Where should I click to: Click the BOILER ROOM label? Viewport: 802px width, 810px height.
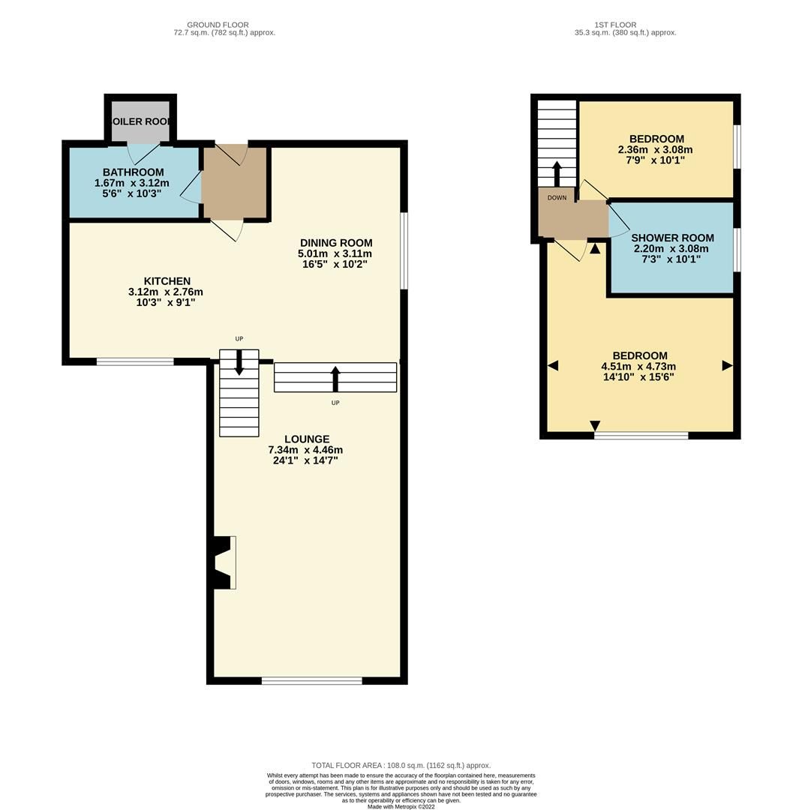click(x=140, y=121)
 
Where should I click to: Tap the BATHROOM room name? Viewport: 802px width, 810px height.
click(x=133, y=172)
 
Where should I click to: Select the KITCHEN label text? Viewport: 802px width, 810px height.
click(x=167, y=281)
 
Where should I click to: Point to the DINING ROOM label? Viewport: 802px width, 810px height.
click(x=335, y=243)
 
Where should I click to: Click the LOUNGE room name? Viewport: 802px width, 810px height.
click(x=306, y=439)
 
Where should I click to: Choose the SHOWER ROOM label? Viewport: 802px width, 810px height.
click(x=671, y=238)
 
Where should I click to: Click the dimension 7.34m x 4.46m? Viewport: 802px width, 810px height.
click(x=305, y=450)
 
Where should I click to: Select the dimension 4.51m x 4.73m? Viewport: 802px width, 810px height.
click(x=639, y=367)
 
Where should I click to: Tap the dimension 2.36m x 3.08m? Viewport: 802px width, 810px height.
click(x=656, y=150)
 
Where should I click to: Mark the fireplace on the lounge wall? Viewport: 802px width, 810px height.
click(x=224, y=562)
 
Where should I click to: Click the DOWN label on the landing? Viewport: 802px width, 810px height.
click(x=557, y=198)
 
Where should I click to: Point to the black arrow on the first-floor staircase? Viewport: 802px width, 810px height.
click(x=557, y=172)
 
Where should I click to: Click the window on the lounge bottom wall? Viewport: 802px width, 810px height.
click(x=311, y=681)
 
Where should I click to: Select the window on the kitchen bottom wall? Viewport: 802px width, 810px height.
click(x=135, y=361)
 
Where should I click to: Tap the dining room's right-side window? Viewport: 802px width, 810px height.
click(x=404, y=250)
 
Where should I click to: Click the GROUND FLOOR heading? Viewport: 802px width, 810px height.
click(x=218, y=25)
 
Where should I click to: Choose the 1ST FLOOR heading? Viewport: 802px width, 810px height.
click(x=615, y=25)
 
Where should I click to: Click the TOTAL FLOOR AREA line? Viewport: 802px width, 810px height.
click(x=401, y=766)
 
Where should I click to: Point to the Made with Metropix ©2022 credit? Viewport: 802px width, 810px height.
click(x=401, y=806)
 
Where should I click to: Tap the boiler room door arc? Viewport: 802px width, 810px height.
click(x=142, y=153)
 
